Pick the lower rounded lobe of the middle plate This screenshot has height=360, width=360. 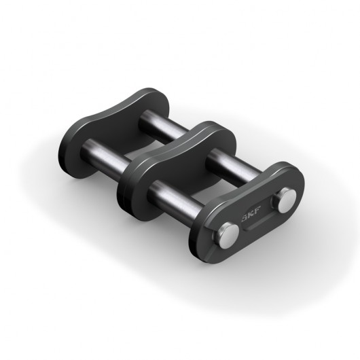point(133,183)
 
